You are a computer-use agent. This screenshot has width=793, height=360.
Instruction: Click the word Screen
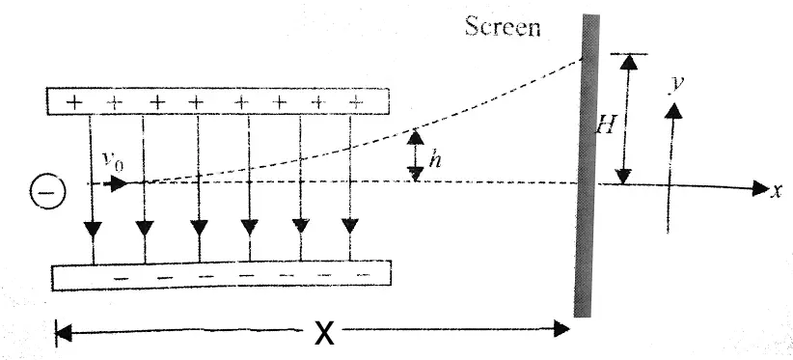point(503,25)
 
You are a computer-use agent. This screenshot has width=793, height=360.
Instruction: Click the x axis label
point(777,190)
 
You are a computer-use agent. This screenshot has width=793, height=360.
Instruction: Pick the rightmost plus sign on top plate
point(356,100)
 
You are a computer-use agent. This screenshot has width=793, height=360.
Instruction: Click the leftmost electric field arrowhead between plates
point(94,230)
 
